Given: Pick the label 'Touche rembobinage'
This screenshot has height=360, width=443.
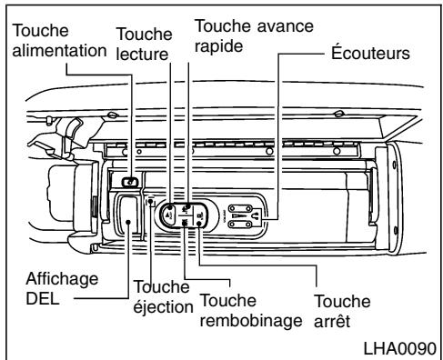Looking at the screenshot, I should [241, 313].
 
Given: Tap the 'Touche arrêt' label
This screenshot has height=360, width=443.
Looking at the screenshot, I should [343, 312].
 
